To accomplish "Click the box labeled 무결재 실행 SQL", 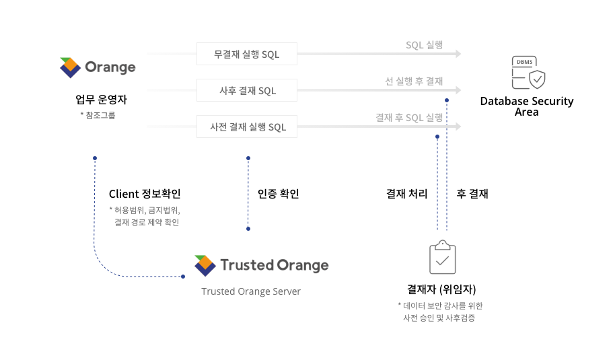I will pos(247,55).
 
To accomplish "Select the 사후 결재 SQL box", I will pos(247,90).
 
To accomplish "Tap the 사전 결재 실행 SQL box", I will pos(247,127).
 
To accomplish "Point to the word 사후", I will pos(227,91).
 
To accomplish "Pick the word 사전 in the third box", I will pos(218,127).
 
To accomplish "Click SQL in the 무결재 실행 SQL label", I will pos(271,55).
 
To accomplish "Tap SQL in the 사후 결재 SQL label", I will pos(267,91).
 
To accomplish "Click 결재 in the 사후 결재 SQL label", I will pos(246,91).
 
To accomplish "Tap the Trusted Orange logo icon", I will pos(205,266).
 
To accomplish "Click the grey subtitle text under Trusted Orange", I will pos(246,291).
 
